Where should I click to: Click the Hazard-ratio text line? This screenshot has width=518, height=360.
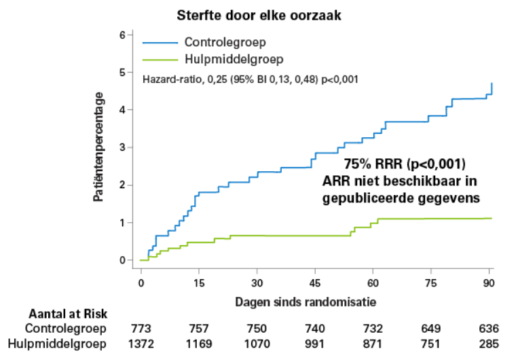point(251,79)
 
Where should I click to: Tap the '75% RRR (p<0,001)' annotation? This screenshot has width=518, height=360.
point(405,164)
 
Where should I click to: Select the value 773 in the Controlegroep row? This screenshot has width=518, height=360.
point(141,329)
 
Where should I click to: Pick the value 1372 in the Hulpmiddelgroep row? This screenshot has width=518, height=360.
point(141,344)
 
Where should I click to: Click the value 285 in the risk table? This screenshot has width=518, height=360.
point(489,344)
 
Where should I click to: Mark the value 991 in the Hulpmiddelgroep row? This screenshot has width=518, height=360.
point(314,344)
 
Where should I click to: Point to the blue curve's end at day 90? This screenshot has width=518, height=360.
point(491,84)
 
